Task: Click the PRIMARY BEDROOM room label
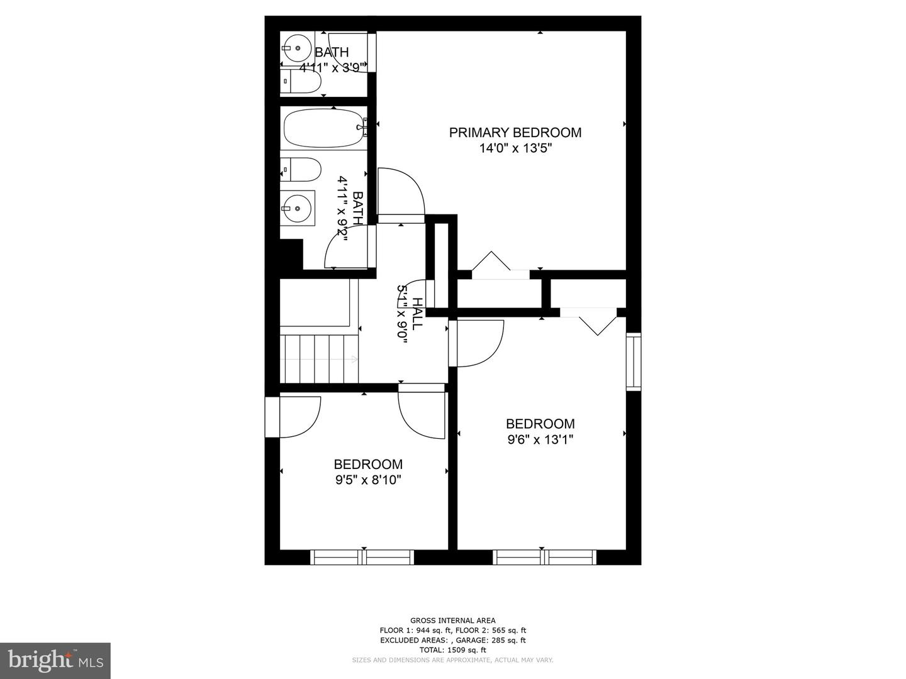click(x=515, y=133)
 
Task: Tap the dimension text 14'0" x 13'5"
click(x=515, y=148)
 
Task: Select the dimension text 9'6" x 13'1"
click(x=540, y=440)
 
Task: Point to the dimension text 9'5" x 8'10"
click(x=368, y=480)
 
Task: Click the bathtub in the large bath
click(x=324, y=128)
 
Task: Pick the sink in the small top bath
click(x=297, y=47)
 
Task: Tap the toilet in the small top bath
click(x=301, y=81)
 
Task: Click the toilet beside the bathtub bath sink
click(x=301, y=170)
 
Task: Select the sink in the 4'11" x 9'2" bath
click(x=297, y=208)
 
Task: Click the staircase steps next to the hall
click(x=319, y=358)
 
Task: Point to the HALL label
click(x=418, y=314)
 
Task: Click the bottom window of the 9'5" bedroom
click(x=362, y=557)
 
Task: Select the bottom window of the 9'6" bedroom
click(x=544, y=557)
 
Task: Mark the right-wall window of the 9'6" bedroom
click(x=634, y=362)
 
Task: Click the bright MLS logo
click(x=55, y=661)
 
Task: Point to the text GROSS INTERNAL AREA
click(x=453, y=621)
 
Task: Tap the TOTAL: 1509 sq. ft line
click(x=453, y=650)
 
